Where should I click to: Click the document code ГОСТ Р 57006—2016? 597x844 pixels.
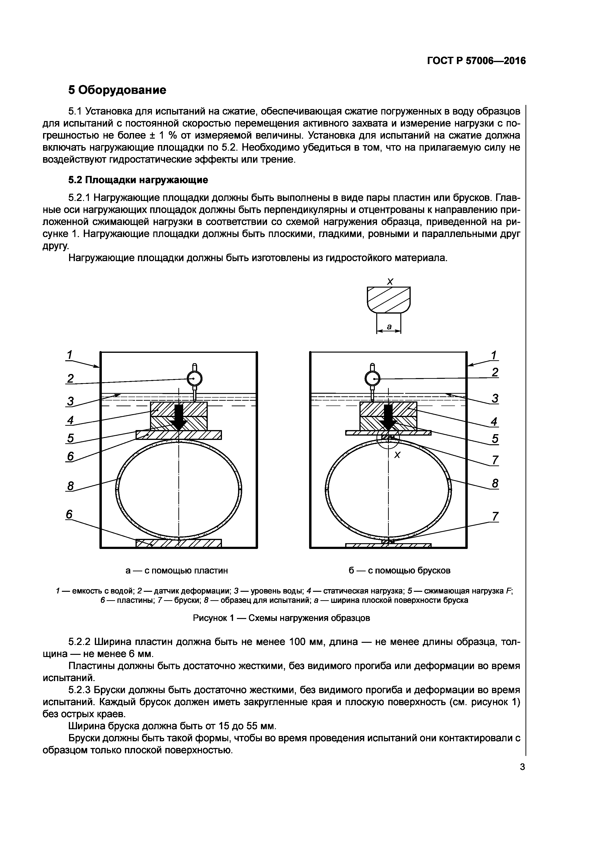[476, 61]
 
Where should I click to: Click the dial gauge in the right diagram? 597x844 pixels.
[372, 378]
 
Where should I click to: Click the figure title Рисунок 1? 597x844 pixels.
[281, 618]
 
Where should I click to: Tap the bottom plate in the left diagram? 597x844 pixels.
[179, 543]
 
